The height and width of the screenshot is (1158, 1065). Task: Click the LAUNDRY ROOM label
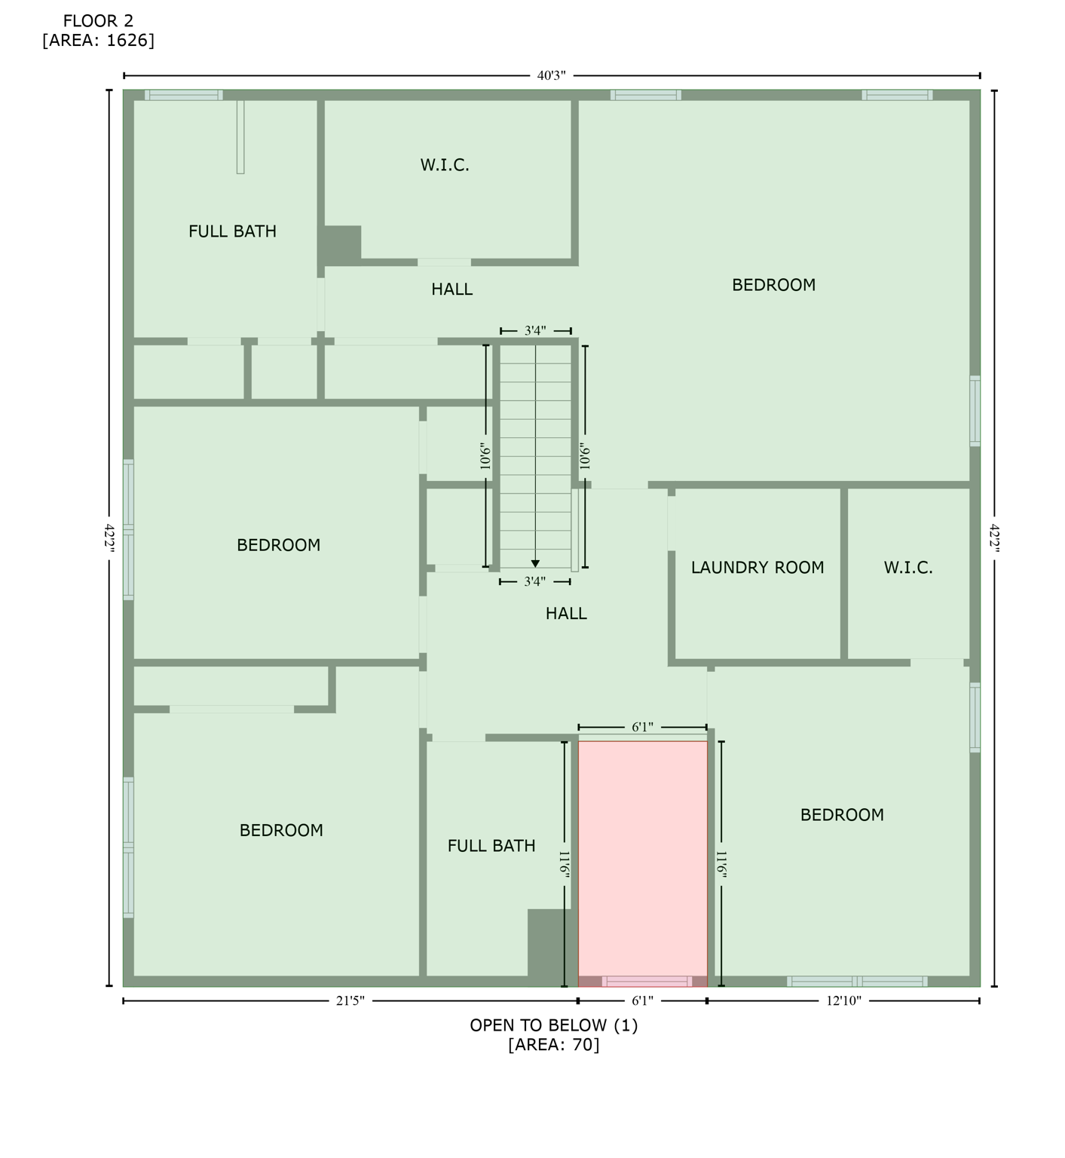coord(757,567)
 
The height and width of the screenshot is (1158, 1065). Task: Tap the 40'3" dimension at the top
coord(551,75)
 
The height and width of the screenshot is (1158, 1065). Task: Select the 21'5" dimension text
coord(350,1000)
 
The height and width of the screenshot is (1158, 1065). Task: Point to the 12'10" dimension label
coord(843,1000)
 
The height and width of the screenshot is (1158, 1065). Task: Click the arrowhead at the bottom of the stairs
coord(535,563)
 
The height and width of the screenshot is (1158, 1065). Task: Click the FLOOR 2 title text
coord(98,20)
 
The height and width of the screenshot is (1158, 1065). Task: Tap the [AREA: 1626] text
coord(98,40)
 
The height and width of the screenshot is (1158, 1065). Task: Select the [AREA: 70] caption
coord(553,1044)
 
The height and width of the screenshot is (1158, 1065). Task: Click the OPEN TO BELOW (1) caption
coord(553,1025)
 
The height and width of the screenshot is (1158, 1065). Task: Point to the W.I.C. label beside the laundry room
coord(908,567)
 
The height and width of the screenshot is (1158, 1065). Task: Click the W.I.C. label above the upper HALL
coord(445,164)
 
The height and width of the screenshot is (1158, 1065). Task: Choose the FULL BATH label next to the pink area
coord(491,846)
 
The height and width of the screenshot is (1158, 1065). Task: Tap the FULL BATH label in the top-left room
coord(232,231)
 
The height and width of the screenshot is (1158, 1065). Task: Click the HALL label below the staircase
coord(566,614)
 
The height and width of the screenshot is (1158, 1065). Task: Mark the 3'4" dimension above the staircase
coord(535,330)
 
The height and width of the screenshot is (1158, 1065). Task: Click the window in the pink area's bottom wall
coord(647,981)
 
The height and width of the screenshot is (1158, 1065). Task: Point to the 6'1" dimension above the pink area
coord(642,727)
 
